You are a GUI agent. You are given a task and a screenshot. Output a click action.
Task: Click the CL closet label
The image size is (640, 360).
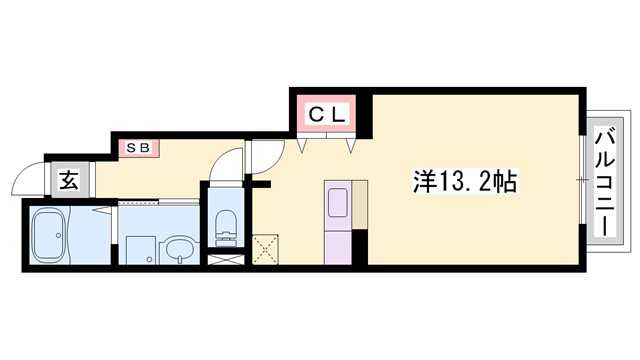click(x=326, y=114)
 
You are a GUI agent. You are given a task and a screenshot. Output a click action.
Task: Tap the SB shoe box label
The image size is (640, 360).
click(x=139, y=148)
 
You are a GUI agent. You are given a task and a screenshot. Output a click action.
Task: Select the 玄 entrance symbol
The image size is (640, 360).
click(x=69, y=181)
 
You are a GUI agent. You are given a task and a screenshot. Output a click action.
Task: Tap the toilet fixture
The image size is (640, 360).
click(x=224, y=225)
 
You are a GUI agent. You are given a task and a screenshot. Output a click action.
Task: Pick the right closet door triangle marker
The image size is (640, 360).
click(x=351, y=144)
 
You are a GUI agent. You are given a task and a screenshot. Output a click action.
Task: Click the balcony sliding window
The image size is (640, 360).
click(x=583, y=180)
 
